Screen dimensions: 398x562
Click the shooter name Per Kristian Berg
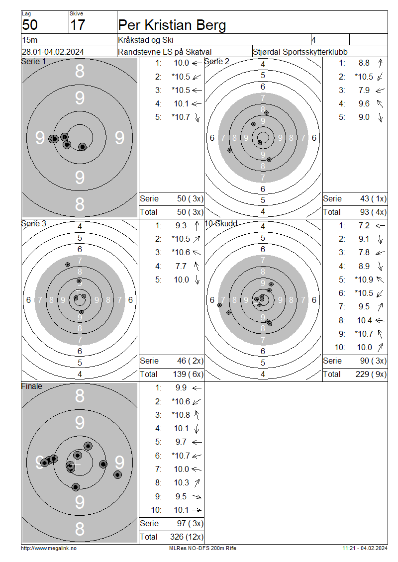(172, 25)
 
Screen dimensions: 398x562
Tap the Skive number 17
(78, 25)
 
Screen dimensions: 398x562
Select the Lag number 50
(30, 25)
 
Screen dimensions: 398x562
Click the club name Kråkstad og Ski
(146, 40)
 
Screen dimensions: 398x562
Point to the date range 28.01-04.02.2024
(53, 52)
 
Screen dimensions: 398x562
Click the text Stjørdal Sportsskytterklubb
(300, 52)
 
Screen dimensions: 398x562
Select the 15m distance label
(30, 40)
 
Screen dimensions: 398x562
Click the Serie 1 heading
(33, 62)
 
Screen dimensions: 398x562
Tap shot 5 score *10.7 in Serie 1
(181, 117)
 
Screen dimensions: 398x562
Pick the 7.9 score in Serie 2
(364, 91)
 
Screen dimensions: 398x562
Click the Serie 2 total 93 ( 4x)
(373, 212)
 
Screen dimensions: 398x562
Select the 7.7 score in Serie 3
(181, 266)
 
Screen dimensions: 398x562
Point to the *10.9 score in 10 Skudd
(364, 280)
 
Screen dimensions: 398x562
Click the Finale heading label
(31, 386)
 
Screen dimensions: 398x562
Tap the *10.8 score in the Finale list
(181, 415)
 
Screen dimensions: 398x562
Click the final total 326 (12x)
(187, 537)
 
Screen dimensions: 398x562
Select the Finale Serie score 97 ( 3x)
(191, 523)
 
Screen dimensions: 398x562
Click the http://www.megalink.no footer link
(49, 549)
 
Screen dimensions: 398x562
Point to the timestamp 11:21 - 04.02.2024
(365, 549)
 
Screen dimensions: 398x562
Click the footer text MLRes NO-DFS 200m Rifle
(202, 549)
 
